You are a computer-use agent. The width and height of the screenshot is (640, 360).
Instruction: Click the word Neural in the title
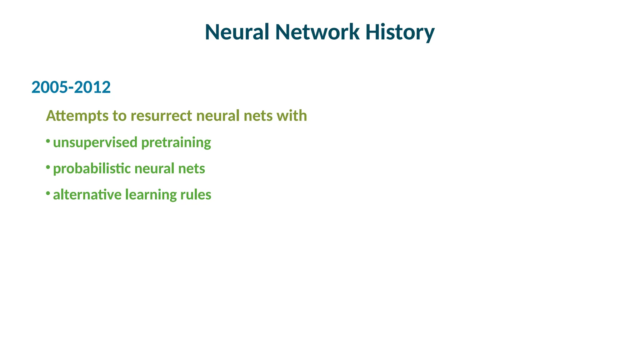(x=237, y=32)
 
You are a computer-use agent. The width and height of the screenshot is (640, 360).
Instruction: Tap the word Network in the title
(x=317, y=32)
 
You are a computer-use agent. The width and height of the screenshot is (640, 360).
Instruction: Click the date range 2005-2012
(x=71, y=87)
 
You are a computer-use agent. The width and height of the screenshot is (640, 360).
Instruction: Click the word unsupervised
(x=95, y=142)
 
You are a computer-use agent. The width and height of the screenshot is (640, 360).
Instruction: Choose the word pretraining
(x=176, y=143)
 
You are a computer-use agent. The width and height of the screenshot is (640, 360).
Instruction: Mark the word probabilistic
(x=92, y=169)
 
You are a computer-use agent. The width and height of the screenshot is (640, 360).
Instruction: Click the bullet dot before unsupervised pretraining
(x=48, y=141)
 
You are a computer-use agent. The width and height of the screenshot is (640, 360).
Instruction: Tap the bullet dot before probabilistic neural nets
(x=48, y=167)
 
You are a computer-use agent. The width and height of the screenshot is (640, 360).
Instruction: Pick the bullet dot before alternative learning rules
(x=48, y=193)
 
